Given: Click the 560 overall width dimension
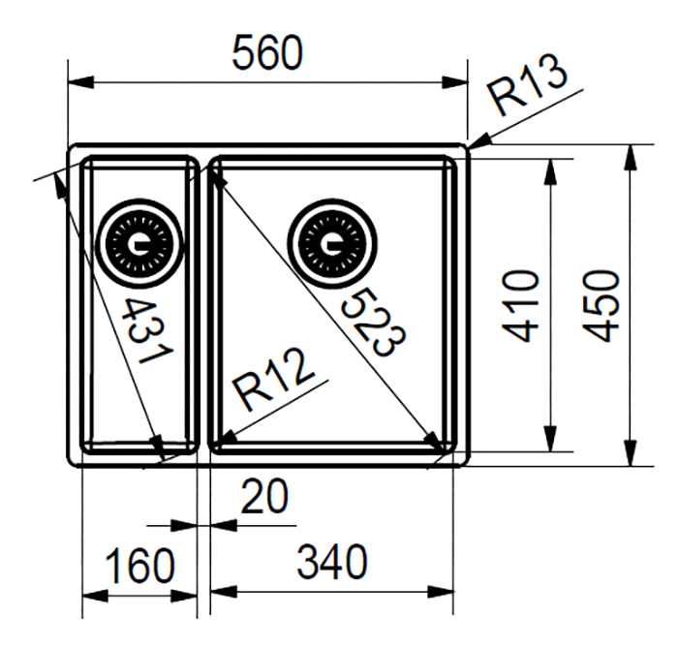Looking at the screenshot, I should pyautogui.click(x=265, y=55).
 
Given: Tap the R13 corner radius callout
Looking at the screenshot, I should pyautogui.click(x=527, y=95).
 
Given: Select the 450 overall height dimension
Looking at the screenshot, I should pyautogui.click(x=604, y=305).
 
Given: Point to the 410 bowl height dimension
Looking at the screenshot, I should pyautogui.click(x=524, y=305).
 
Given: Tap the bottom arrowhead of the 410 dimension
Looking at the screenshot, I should pyautogui.click(x=551, y=443).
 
